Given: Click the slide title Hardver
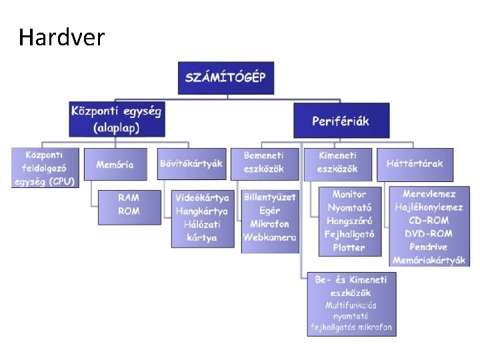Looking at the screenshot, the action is click(62, 37).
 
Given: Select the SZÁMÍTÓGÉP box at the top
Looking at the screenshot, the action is click(225, 77).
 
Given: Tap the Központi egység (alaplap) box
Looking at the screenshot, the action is click(117, 119).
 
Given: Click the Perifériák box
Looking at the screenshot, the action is click(341, 121).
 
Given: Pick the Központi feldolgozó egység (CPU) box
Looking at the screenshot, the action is click(45, 167).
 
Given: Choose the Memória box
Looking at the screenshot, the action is click(115, 164).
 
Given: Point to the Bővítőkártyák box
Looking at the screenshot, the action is click(191, 163).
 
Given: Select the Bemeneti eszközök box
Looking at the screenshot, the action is click(264, 163).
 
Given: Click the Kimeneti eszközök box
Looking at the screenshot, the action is click(337, 163).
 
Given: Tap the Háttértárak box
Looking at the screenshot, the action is click(415, 163).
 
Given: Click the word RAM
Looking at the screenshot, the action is click(129, 198).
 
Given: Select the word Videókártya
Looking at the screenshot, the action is click(202, 198).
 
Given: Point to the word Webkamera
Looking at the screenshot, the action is click(270, 237).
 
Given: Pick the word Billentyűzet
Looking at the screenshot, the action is click(270, 197).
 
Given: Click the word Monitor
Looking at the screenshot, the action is click(349, 194).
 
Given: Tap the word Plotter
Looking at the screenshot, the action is click(349, 247).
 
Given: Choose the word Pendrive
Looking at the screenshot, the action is click(429, 247).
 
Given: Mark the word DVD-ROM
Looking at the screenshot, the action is click(429, 233).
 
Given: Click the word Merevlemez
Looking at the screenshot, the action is click(429, 194).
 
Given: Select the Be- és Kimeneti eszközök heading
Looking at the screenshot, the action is click(351, 286).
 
